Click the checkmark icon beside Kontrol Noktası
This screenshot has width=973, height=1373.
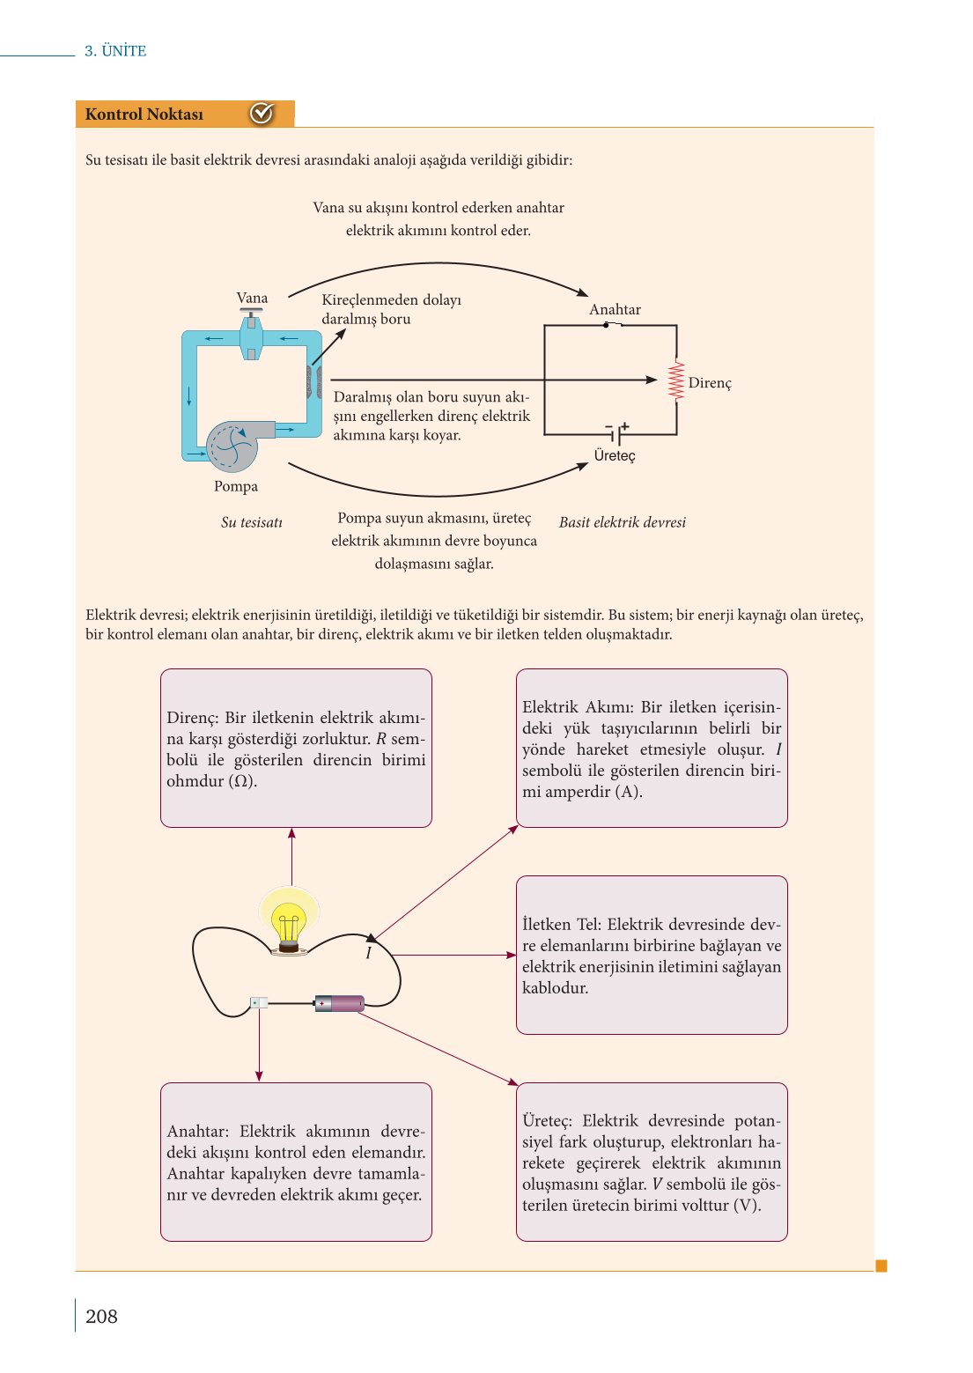pyautogui.click(x=262, y=114)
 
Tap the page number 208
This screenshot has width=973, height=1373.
pyautogui.click(x=101, y=1316)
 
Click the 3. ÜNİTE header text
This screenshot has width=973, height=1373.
pyautogui.click(x=115, y=51)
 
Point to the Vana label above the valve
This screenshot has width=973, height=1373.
pyautogui.click(x=252, y=298)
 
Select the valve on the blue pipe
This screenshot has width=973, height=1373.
pyautogui.click(x=251, y=338)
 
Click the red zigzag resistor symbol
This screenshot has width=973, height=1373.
pyautogui.click(x=676, y=380)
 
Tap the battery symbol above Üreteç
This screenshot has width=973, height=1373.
pyautogui.click(x=616, y=433)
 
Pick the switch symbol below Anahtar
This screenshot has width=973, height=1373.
pyautogui.click(x=612, y=325)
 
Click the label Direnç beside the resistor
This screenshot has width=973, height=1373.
pyautogui.click(x=710, y=383)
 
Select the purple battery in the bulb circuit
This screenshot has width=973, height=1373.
pyautogui.click(x=340, y=1003)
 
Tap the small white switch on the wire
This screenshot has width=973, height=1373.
pyautogui.click(x=259, y=1002)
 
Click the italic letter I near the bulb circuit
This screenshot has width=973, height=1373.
pyautogui.click(x=368, y=953)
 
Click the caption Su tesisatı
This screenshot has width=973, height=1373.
pyautogui.click(x=252, y=522)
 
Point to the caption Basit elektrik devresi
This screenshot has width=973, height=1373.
pyautogui.click(x=622, y=522)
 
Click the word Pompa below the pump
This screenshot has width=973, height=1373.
pyautogui.click(x=236, y=486)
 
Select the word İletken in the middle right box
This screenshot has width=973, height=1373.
pyautogui.click(x=547, y=925)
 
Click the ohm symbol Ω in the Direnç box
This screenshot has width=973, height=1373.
pyautogui.click(x=241, y=781)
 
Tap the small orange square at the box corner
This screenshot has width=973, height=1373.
pyautogui.click(x=881, y=1266)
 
